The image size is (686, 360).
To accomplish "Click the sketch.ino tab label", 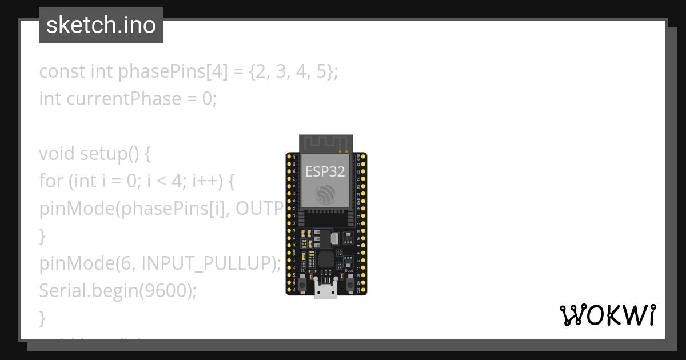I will coord(101,25).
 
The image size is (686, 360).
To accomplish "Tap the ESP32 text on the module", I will coord(325,171).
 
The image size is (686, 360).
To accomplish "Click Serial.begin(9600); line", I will coord(117,290).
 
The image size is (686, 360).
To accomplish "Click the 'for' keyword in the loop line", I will coord(51,181).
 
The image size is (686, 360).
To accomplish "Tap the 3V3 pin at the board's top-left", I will coord(289,156).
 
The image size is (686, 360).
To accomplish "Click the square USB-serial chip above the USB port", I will coord(326,259).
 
